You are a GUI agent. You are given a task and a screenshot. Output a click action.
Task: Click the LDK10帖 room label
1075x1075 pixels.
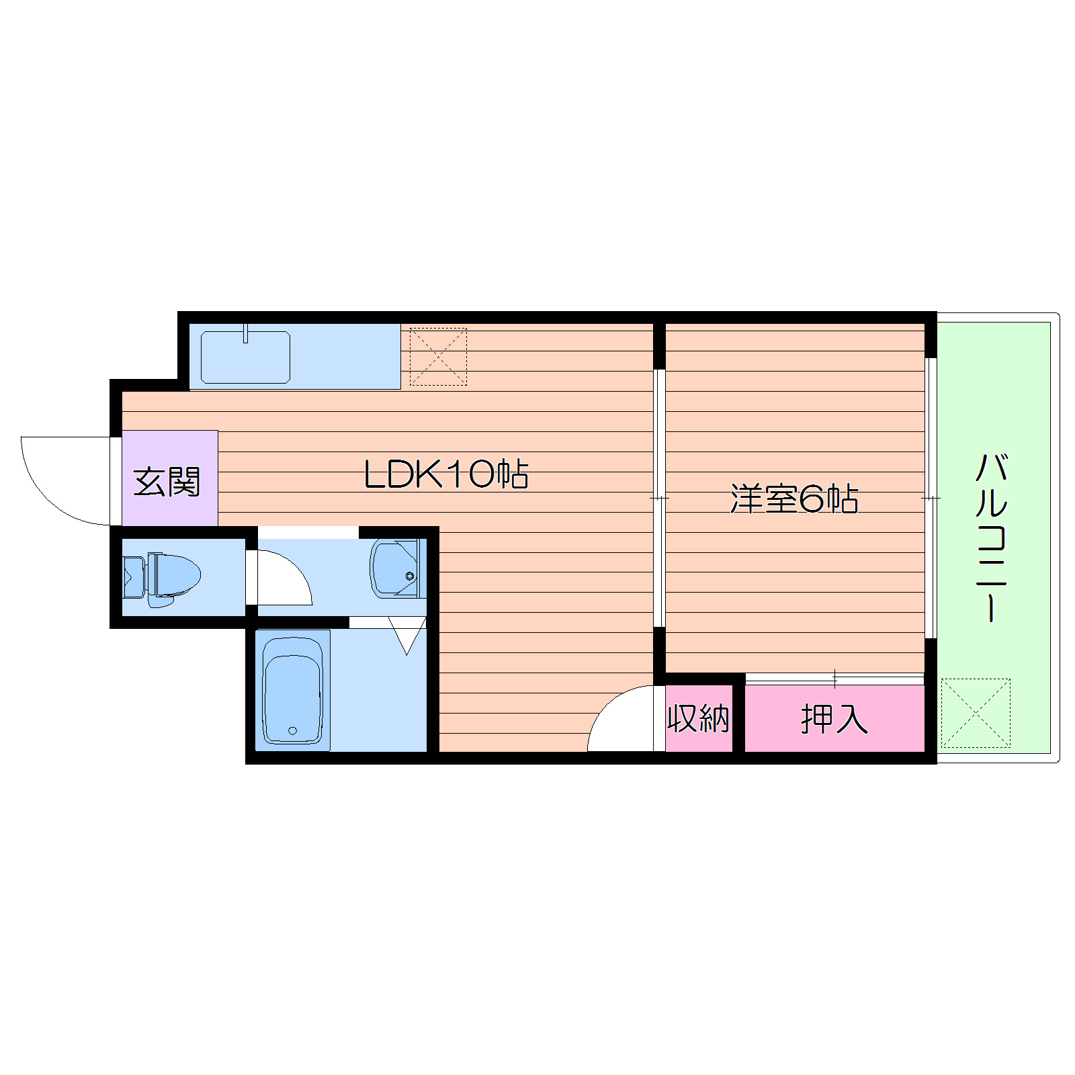pyautogui.click(x=446, y=474)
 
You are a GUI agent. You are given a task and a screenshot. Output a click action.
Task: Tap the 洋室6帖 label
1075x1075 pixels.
pyautogui.click(x=794, y=499)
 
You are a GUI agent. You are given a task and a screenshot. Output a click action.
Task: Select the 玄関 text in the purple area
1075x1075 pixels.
pyautogui.click(x=167, y=482)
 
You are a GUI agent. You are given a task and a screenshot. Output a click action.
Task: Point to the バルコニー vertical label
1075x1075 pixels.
pyautogui.click(x=991, y=537)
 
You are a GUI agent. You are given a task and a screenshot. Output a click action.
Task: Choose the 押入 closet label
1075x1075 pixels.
pyautogui.click(x=834, y=720)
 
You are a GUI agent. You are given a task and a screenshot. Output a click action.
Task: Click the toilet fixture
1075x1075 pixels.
pyautogui.click(x=168, y=576)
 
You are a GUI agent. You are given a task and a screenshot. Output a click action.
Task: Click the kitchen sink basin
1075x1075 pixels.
pyautogui.click(x=245, y=358)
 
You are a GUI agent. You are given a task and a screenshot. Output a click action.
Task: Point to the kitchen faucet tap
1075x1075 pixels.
pyautogui.click(x=246, y=333)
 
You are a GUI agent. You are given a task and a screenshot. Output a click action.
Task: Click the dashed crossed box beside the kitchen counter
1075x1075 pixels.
pyautogui.click(x=438, y=357)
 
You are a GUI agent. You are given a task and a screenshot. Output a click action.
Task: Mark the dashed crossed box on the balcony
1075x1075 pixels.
pyautogui.click(x=975, y=713)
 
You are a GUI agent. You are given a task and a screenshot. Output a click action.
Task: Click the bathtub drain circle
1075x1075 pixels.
pyautogui.click(x=292, y=730)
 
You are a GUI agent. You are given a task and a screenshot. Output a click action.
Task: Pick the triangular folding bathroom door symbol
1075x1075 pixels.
pyautogui.click(x=407, y=635)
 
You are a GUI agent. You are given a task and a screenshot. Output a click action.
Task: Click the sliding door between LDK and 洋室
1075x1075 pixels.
pyautogui.click(x=659, y=498)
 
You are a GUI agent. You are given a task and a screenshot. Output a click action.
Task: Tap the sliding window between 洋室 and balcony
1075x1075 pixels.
pyautogui.click(x=931, y=498)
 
